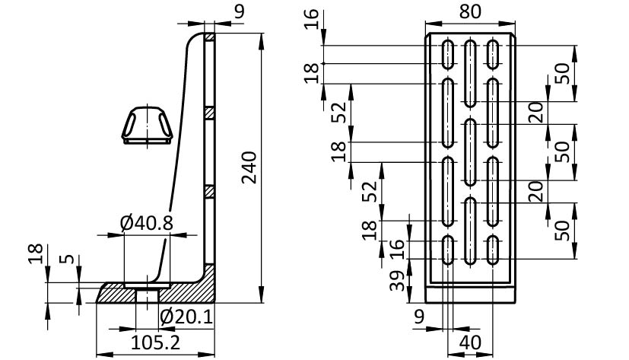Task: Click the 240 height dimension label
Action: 248,168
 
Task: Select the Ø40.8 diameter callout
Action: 147,223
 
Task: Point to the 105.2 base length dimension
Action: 155,342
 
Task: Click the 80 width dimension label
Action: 470,13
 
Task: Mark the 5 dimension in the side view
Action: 69,259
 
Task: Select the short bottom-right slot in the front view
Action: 494,249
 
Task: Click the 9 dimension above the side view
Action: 240,11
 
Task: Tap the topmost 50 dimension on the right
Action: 561,73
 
